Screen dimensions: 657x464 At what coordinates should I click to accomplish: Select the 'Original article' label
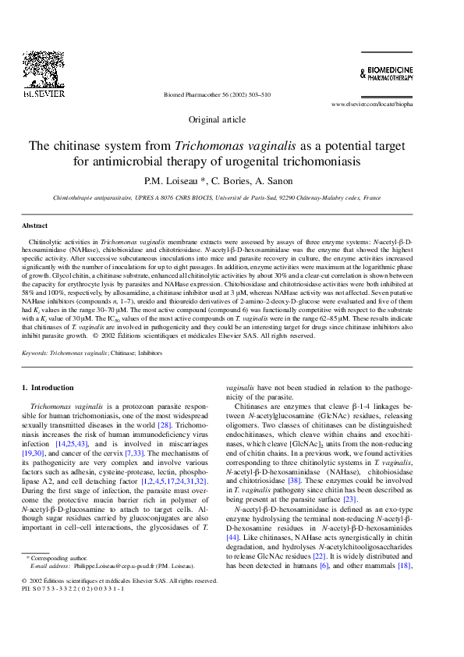pos(218,119)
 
